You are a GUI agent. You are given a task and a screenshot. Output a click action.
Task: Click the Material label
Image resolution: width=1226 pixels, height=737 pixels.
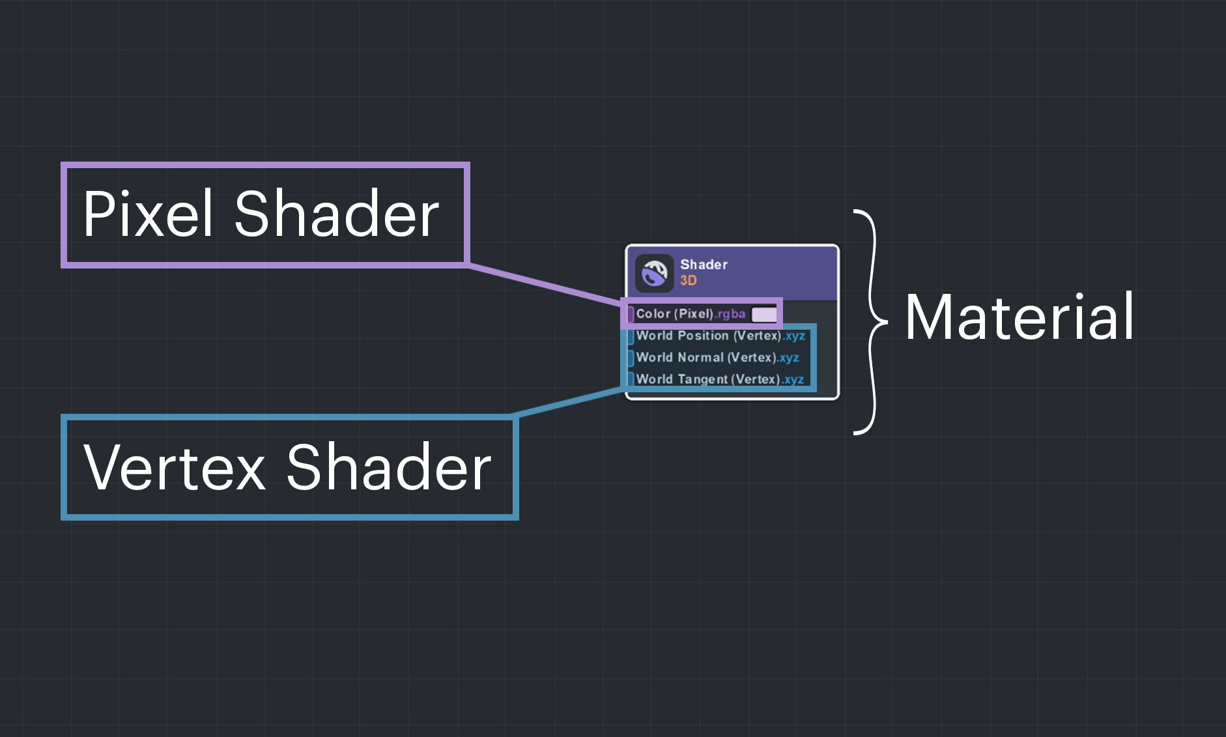[1019, 317]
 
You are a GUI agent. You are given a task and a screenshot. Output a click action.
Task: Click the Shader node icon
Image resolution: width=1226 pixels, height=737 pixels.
[654, 272]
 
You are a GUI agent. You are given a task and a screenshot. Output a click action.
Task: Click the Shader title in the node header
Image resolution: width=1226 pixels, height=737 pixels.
[704, 265]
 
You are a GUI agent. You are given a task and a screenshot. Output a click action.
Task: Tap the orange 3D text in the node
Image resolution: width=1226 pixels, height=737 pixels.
[689, 281]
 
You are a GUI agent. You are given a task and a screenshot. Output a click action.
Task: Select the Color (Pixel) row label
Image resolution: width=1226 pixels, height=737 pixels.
[675, 314]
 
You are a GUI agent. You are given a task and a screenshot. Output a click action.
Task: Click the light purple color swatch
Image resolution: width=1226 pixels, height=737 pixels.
[763, 315]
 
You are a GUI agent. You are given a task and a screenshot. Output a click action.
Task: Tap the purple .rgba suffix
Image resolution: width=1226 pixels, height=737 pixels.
[730, 314]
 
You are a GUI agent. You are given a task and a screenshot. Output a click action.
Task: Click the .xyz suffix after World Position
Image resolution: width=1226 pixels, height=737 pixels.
[794, 336]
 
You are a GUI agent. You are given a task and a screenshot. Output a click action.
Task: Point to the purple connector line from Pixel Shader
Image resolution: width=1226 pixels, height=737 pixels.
[544, 283]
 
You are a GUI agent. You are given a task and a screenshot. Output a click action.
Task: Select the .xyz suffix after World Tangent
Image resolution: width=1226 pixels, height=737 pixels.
[793, 379]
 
